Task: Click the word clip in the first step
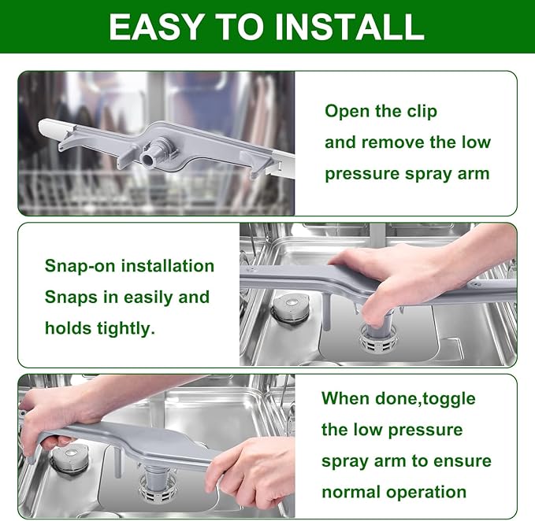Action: point(421,112)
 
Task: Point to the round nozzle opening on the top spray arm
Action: point(148,160)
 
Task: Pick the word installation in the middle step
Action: point(168,266)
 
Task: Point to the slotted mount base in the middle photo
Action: point(377,338)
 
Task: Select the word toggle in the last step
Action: point(449,399)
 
